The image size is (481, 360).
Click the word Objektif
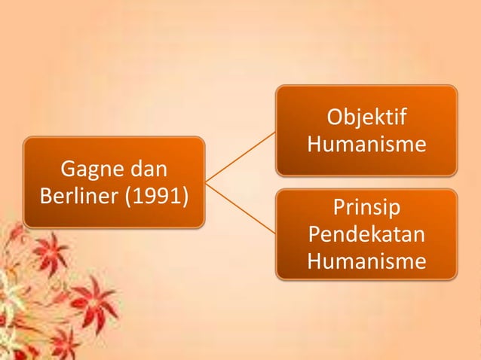pyautogui.click(x=366, y=118)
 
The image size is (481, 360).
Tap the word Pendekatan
pyautogui.click(x=366, y=234)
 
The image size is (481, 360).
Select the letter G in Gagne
pyautogui.click(x=67, y=166)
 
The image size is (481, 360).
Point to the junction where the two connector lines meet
pyautogui.click(x=206, y=182)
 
